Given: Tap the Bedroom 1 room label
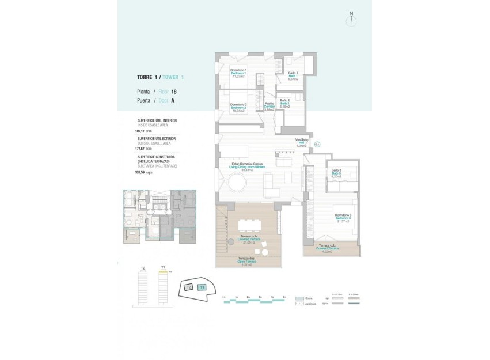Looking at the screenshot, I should (x=238, y=74).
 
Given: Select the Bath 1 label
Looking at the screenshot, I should (x=293, y=75).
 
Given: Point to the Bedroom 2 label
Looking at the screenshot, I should (x=238, y=108).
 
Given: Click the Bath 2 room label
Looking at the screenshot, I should (x=284, y=104).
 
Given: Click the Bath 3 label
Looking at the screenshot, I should (x=336, y=173).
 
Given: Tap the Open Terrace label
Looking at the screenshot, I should (x=247, y=261).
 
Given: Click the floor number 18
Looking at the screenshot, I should (x=174, y=92).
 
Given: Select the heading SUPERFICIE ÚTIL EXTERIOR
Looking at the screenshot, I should (x=157, y=139).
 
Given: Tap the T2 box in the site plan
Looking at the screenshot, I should (x=188, y=287).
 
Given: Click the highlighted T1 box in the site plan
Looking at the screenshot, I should (x=202, y=287).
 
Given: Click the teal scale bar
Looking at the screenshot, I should (x=254, y=302).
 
